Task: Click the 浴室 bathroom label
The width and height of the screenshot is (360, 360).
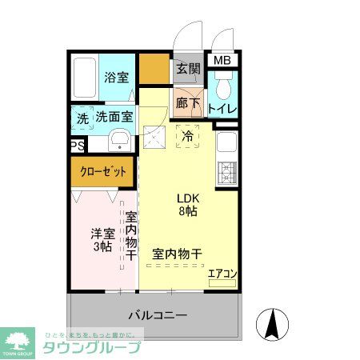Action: point(116,78)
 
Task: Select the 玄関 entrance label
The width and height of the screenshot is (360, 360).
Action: point(189,68)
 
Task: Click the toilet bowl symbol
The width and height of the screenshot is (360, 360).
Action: point(223,86)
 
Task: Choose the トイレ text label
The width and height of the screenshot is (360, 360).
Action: point(222,108)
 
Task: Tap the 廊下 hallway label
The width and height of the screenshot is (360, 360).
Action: point(188,103)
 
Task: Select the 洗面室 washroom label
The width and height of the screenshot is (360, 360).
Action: point(114,118)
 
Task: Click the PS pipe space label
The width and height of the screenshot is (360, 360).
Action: point(77,146)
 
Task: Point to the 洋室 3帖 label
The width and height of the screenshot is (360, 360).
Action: point(101,239)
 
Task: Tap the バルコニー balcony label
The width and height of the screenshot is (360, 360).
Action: point(158,315)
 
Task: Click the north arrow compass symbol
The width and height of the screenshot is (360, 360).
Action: point(272,323)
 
